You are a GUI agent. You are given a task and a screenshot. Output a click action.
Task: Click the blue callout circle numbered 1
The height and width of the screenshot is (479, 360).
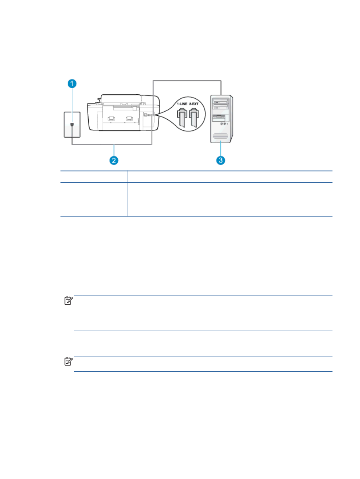pos(72,83)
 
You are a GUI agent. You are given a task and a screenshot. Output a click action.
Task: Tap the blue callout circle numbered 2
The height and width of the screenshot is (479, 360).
pos(114,160)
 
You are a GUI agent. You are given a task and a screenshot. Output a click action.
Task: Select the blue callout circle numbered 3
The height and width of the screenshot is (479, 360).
pos(221,160)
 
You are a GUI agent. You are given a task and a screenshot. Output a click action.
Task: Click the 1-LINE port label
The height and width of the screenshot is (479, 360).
pos(182,104)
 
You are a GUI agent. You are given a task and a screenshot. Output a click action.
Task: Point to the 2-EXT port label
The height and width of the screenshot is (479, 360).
pos(194,104)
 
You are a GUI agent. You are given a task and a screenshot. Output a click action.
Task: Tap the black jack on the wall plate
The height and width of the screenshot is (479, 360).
pos(72,124)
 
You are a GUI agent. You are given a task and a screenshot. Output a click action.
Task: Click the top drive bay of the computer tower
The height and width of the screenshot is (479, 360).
pos(221,100)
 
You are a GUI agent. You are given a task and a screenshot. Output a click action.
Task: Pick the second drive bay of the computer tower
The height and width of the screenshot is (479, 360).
pos(221,106)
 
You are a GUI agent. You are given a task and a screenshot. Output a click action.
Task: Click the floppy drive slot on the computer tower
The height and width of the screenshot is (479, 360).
pos(218,118)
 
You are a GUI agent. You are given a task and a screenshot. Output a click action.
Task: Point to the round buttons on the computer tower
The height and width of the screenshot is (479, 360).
pos(223,124)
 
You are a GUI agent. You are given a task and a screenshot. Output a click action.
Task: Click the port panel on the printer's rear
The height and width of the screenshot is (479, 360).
pos(149,115)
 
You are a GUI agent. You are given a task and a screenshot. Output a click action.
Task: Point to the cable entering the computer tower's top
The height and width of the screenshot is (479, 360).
pos(187,81)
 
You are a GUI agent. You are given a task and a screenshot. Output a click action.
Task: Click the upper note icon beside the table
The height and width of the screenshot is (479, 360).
pos(69,301)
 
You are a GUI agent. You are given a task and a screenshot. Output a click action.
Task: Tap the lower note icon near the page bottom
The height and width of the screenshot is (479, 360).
pos(69,361)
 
